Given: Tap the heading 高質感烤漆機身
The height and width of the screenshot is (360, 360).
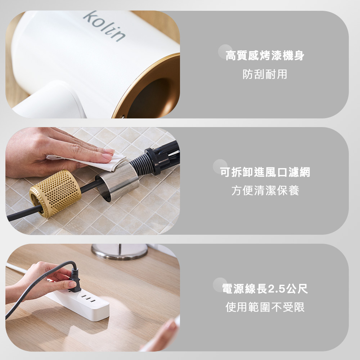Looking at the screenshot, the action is pyautogui.click(x=265, y=55).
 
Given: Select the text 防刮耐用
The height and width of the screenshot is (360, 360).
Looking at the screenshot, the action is pyautogui.click(x=265, y=74).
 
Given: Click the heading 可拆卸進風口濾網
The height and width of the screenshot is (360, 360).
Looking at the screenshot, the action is pyautogui.click(x=265, y=172).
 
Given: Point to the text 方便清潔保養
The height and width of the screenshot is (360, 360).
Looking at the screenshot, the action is pyautogui.click(x=265, y=190).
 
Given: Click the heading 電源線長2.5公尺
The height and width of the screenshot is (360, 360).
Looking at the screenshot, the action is pyautogui.click(x=265, y=289).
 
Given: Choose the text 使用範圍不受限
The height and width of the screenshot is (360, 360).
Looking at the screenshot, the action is pyautogui.click(x=265, y=307).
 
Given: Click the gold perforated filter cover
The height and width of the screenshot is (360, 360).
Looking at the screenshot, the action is pyautogui.click(x=55, y=193).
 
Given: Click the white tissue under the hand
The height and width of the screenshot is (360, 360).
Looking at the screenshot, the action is pyautogui.click(x=92, y=161).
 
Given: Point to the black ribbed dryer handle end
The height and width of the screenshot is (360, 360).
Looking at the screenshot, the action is pyautogui.click(x=158, y=158).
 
